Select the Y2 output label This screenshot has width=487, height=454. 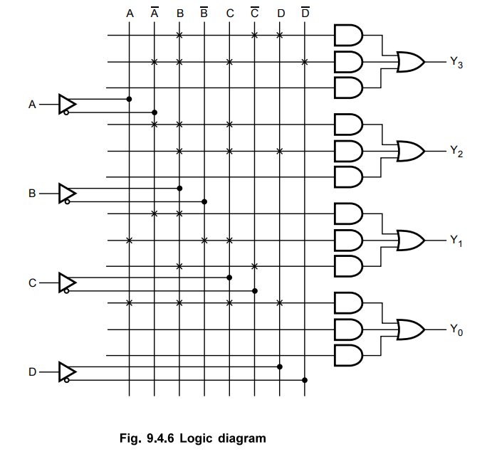pos(456,152)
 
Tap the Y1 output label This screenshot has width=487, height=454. pos(456,241)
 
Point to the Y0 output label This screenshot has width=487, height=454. pos(456,329)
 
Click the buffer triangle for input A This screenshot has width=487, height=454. pos(66,104)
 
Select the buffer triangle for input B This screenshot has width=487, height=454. pos(66,193)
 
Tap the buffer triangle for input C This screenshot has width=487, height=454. pos(66,283)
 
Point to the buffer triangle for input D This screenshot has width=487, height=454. pos(66,371)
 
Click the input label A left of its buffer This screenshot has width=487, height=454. pos(31,105)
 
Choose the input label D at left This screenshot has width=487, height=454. pos(31,371)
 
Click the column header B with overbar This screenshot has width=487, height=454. pos(204,13)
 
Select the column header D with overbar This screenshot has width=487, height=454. pos(305,13)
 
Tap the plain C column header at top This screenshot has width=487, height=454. pos(229,14)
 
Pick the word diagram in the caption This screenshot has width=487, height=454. pos(243,438)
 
